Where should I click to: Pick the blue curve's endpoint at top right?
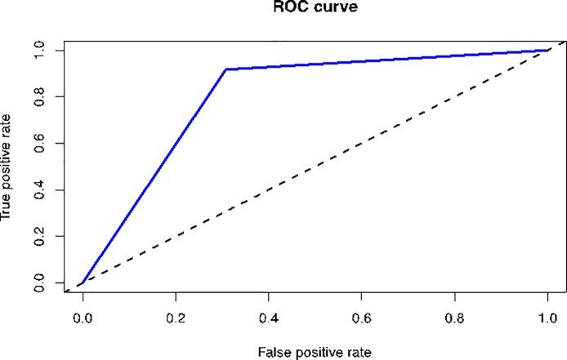[547, 51]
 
